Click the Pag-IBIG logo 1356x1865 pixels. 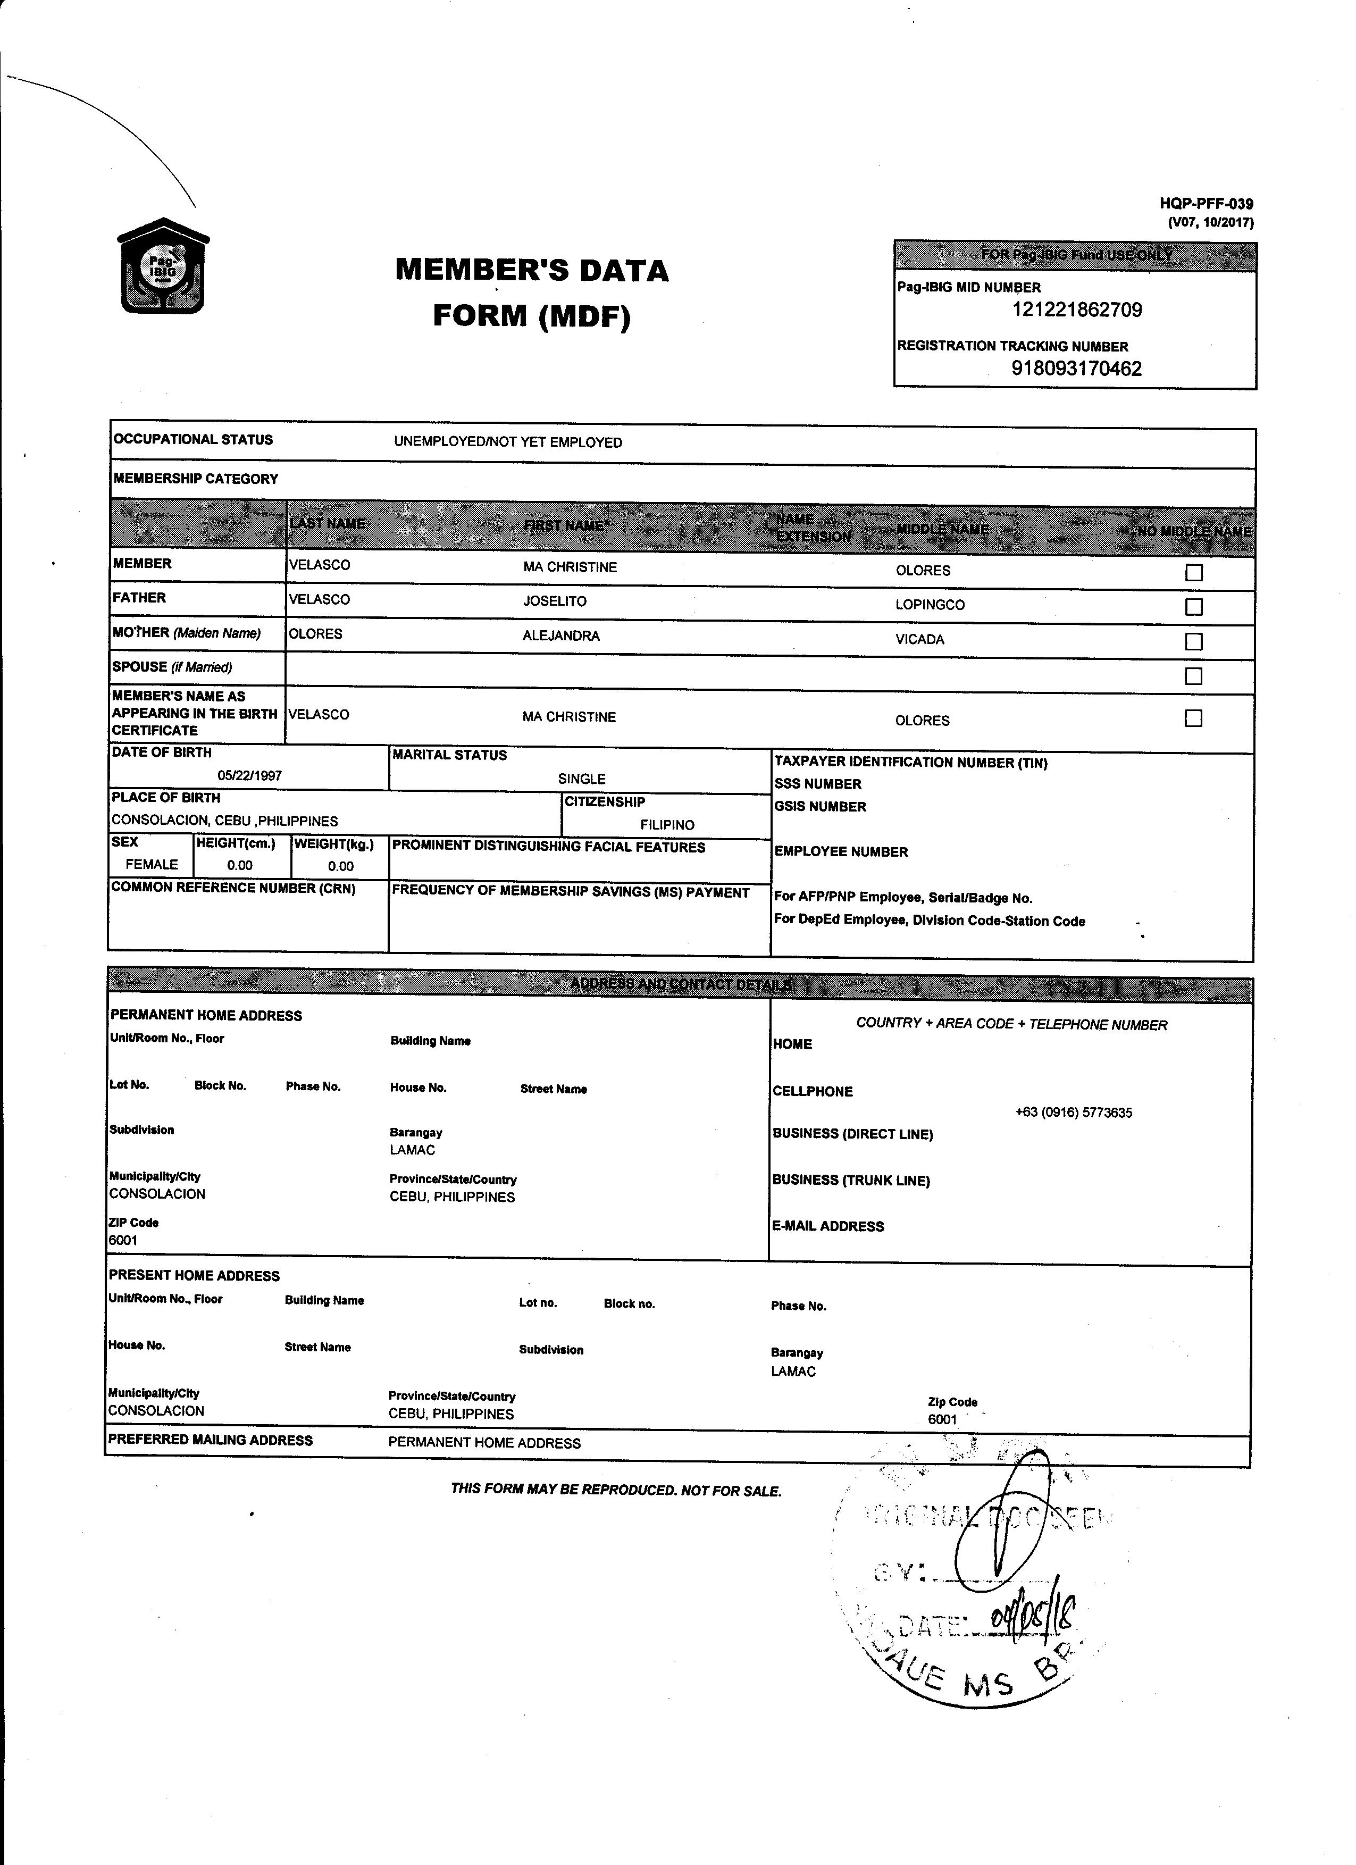point(163,266)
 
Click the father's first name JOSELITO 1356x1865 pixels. point(555,601)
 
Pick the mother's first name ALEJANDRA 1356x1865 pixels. point(561,635)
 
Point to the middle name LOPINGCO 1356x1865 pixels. point(930,605)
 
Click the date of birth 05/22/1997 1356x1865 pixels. point(250,775)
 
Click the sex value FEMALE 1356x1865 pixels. point(152,864)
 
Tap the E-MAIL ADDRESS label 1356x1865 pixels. point(828,1226)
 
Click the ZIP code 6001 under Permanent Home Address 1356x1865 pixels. point(123,1240)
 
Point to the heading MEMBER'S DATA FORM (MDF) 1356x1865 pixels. point(532,292)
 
